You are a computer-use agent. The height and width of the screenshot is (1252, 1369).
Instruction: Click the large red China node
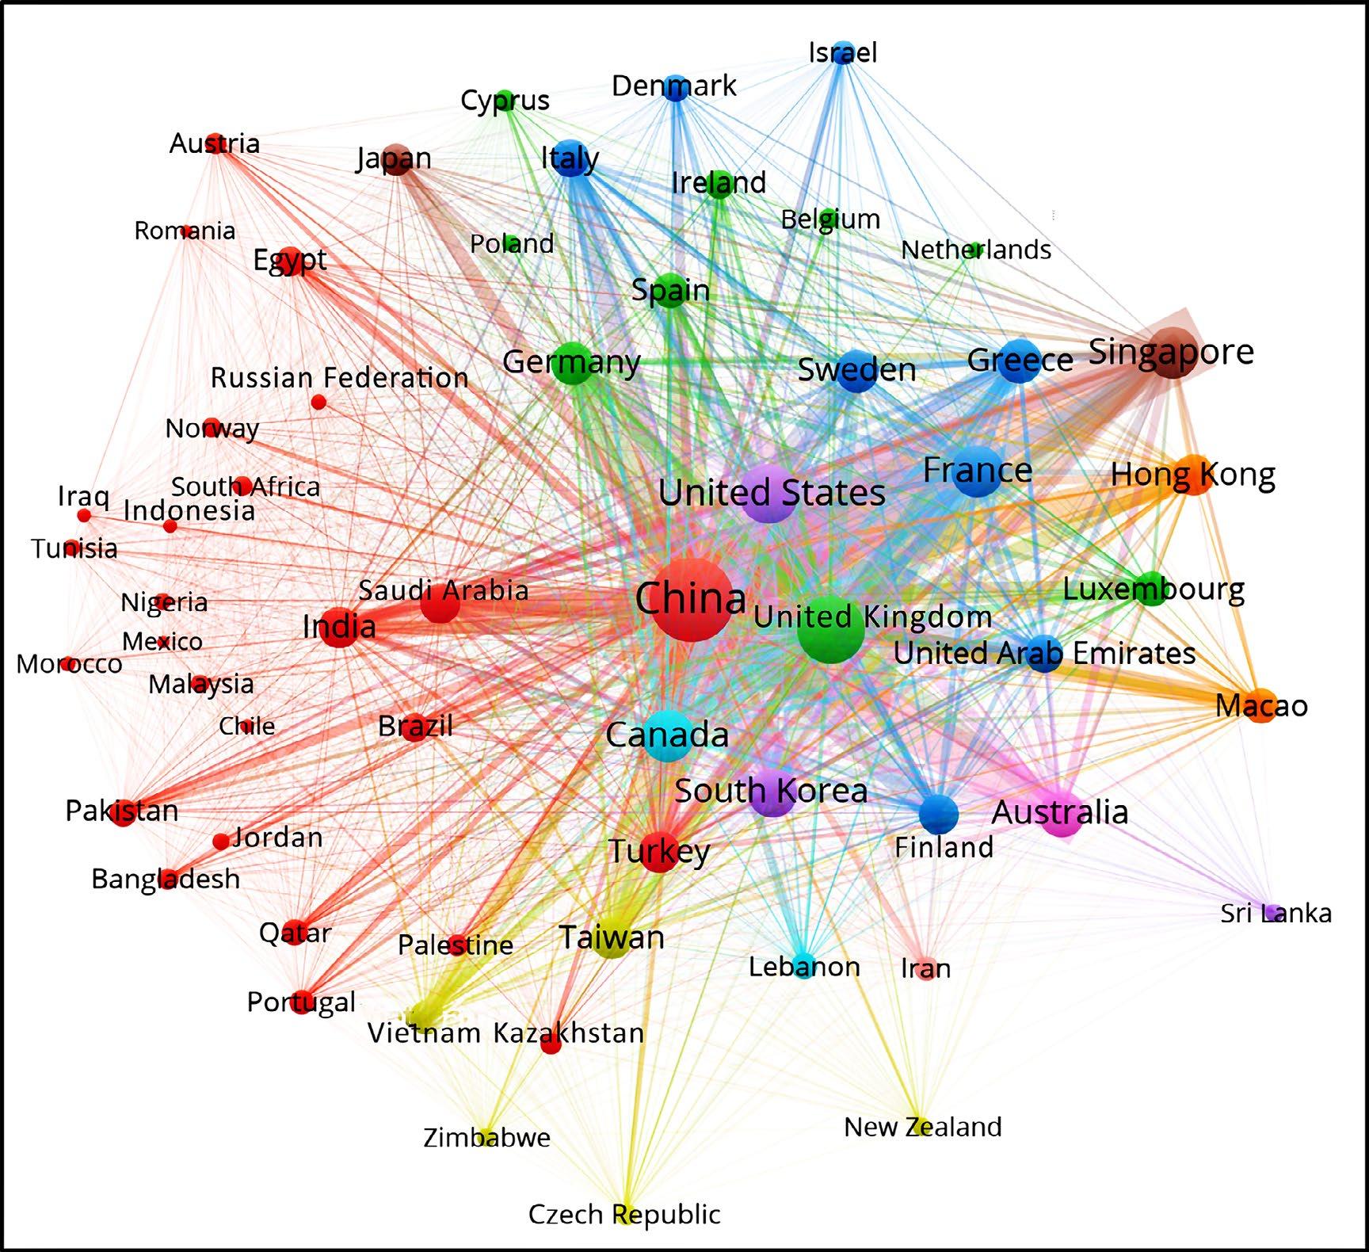tap(692, 600)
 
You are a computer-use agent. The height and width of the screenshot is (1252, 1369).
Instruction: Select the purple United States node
tap(769, 493)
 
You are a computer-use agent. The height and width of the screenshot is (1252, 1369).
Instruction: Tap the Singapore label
tap(1171, 351)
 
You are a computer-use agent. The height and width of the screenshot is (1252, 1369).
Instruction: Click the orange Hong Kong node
tap(1195, 475)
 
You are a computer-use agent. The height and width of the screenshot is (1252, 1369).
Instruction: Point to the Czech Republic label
tap(624, 1214)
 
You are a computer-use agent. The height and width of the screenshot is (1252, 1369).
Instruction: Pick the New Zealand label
tap(922, 1126)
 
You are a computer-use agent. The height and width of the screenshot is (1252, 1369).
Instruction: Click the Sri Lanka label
tap(1276, 913)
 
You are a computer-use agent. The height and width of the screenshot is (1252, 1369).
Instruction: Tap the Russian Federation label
tap(339, 377)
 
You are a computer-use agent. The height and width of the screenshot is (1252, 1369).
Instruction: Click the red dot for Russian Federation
tap(318, 403)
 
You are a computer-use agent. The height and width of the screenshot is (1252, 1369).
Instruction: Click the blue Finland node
tap(939, 813)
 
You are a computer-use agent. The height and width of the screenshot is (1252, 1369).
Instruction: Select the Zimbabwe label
tap(486, 1137)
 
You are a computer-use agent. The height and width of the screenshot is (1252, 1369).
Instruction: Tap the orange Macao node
tap(1261, 705)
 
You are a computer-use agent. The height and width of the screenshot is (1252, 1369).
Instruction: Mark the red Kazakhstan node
tap(551, 1044)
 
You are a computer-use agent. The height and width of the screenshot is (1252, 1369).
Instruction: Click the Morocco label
tap(69, 664)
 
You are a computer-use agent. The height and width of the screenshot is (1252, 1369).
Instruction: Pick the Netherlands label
tap(976, 250)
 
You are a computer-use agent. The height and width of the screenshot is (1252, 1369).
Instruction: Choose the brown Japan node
tap(395, 159)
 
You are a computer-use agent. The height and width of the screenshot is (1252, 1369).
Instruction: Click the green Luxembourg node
tap(1152, 589)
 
